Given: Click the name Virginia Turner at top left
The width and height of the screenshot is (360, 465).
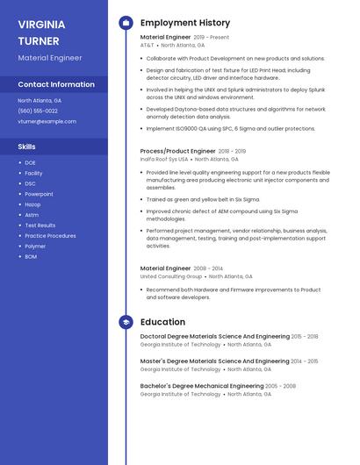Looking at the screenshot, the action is (40, 32).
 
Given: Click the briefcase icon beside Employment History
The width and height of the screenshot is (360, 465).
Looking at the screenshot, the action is (126, 23).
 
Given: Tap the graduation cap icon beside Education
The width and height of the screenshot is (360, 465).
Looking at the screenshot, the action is (126, 322).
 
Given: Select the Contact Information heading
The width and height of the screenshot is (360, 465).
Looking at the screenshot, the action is (56, 84).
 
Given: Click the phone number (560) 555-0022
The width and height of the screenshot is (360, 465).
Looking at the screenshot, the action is (38, 111).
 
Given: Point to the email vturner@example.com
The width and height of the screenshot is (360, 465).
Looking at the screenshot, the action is (47, 121).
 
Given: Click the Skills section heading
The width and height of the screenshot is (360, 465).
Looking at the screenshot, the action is (27, 147).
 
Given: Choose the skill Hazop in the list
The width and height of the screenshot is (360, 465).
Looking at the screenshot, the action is (32, 204).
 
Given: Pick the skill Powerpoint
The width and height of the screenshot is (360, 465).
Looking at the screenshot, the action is (39, 193).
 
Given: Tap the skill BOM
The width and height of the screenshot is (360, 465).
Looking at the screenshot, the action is (31, 256).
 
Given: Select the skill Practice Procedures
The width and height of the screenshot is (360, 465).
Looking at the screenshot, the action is (50, 235).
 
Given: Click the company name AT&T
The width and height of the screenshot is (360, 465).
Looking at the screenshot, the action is (147, 45).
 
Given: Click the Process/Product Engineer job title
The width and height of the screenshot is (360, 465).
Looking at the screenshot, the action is (177, 151).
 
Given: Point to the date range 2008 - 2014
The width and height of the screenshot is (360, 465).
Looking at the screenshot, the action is (208, 268).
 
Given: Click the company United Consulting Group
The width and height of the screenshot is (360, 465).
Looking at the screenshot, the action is (171, 275).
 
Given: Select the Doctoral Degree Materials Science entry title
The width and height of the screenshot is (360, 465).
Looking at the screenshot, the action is (215, 336).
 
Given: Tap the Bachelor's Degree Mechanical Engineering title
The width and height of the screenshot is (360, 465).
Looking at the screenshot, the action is (202, 385).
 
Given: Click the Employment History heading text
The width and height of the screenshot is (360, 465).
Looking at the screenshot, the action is (185, 23).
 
